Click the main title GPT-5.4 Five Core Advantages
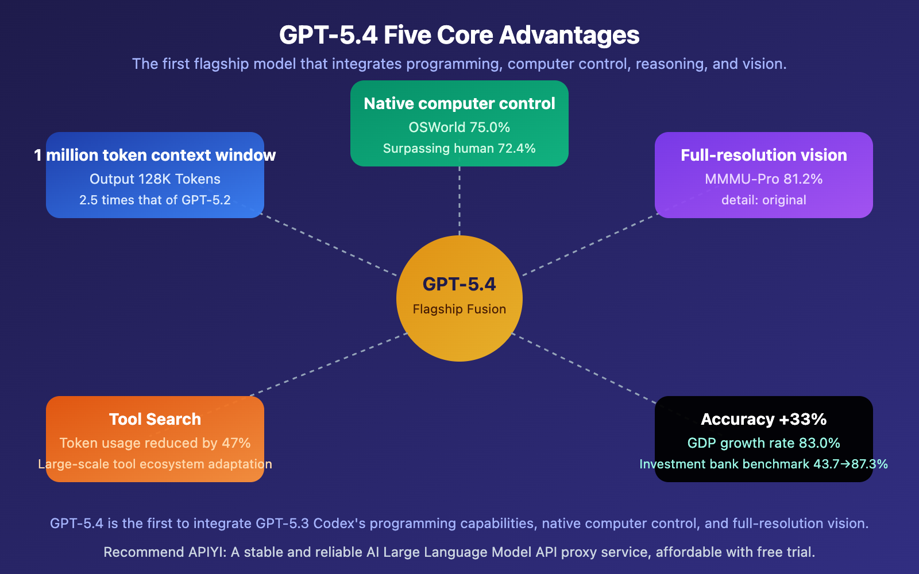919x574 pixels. [459, 35]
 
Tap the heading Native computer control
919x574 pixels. [459, 103]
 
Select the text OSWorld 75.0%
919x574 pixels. [459, 127]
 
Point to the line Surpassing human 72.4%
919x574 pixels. [459, 149]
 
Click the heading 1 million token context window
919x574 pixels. [155, 155]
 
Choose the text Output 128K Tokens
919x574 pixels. [155, 179]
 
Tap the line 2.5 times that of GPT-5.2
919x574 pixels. [155, 200]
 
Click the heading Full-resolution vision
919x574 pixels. [764, 155]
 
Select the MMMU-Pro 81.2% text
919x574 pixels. [764, 179]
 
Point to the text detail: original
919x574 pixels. [764, 200]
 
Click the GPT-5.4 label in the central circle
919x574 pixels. [459, 284]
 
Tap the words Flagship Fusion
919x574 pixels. [459, 309]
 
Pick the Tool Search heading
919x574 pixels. [155, 419]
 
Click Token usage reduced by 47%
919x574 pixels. [155, 443]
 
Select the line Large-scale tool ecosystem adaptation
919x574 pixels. [155, 464]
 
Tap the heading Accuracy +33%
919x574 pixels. [764, 419]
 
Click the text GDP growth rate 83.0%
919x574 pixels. [764, 443]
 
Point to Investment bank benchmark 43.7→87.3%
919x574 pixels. [764, 464]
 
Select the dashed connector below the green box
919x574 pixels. [459, 201]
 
